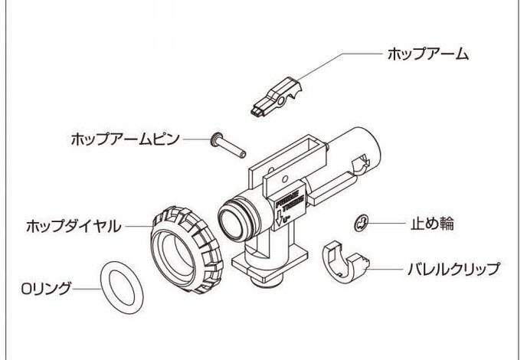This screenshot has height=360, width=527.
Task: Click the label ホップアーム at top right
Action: click(427, 55)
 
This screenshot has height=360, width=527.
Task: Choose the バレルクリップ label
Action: click(452, 269)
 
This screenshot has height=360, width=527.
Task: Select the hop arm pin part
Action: click(229, 146)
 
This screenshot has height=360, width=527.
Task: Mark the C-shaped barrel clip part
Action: click(344, 261)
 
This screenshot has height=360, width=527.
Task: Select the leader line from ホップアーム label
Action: click(337, 58)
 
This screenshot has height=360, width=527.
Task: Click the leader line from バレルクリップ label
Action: click(387, 269)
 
